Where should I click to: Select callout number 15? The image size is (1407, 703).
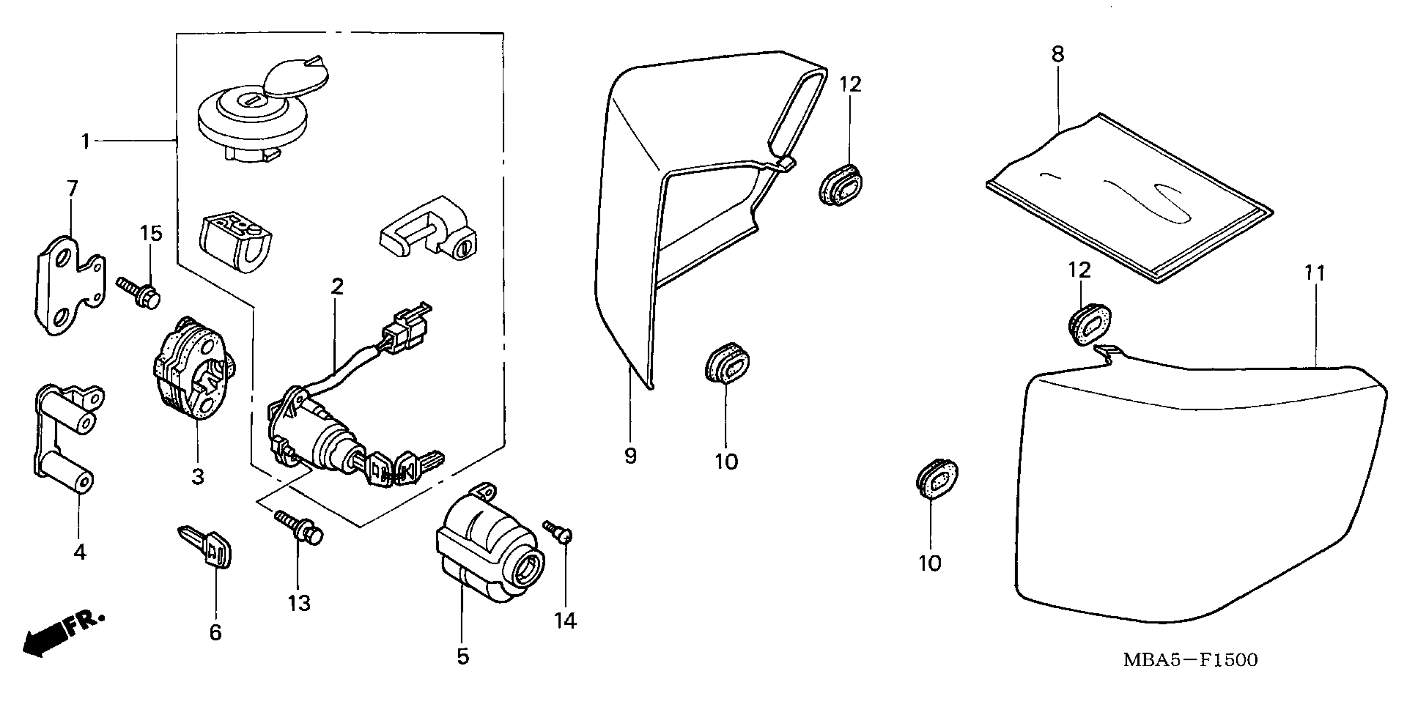point(151,234)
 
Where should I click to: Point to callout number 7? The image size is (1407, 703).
point(72,189)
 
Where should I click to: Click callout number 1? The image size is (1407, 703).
point(85,141)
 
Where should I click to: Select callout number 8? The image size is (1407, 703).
point(1058,54)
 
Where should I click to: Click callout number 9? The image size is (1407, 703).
point(630,456)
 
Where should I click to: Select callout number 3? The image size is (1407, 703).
point(198,476)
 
